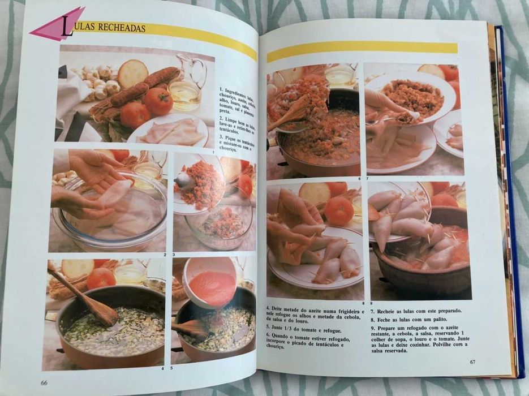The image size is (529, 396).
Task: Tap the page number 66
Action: click(44, 382)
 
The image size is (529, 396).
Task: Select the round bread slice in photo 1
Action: click(132, 74)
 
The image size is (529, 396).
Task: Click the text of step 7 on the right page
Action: click(416, 311)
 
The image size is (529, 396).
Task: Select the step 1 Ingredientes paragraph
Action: click(236, 104)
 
